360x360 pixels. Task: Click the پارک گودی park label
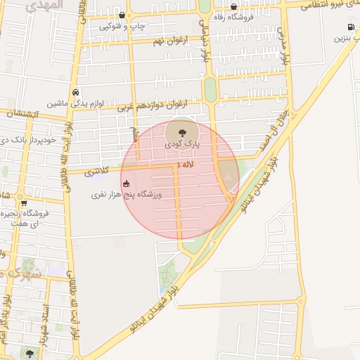[x=183, y=143]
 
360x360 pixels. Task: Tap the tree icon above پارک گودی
[x=183, y=131]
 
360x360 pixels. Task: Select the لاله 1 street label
[x=185, y=164]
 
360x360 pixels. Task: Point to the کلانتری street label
[x=98, y=171]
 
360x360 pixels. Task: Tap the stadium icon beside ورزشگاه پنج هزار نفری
[x=126, y=184]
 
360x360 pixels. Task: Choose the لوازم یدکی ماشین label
[x=75, y=103]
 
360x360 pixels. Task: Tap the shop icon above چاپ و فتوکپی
[x=122, y=15]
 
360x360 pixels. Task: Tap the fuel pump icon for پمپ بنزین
[x=349, y=27]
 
